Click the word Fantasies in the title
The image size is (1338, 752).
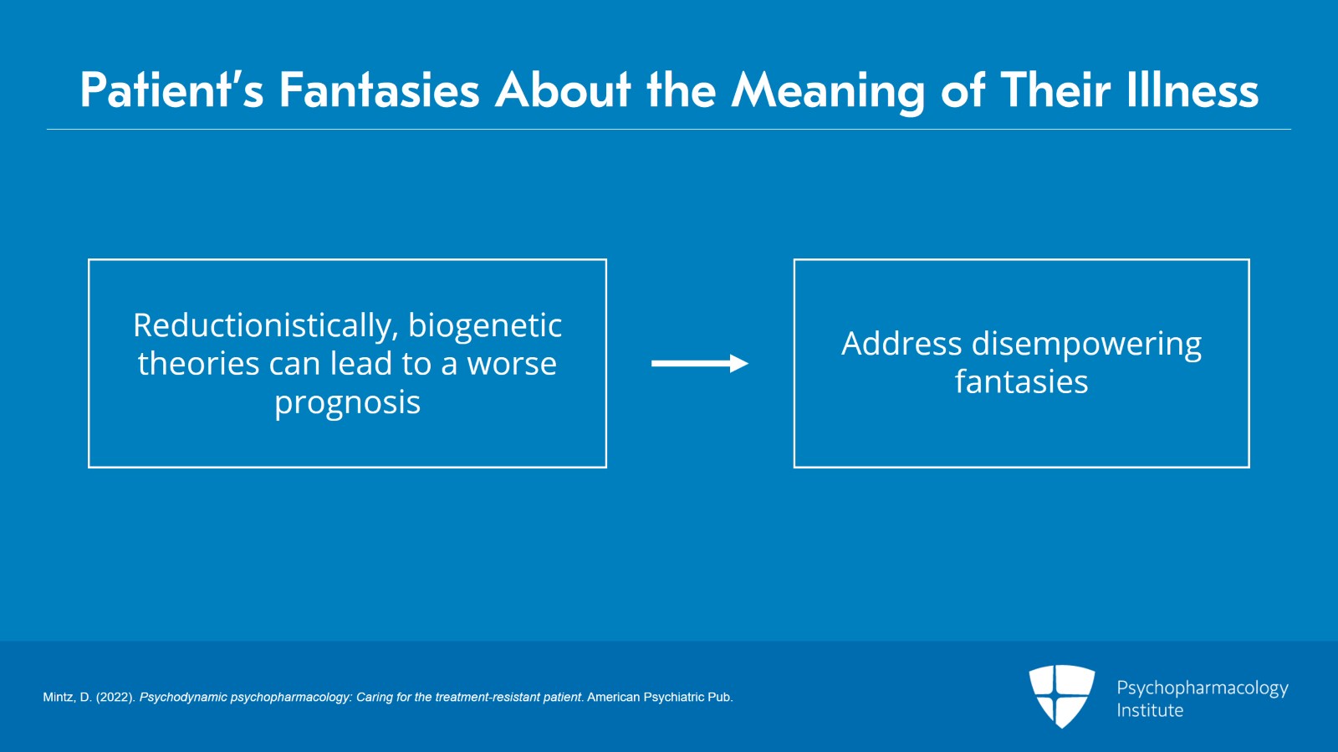pyautogui.click(x=379, y=90)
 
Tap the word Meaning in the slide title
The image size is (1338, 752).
pyautogui.click(x=828, y=90)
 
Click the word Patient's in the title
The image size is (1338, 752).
pyautogui.click(x=171, y=90)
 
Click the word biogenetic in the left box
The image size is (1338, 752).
pyautogui.click(x=485, y=325)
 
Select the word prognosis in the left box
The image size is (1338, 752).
pyautogui.click(x=347, y=402)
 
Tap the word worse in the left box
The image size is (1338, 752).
pyautogui.click(x=512, y=364)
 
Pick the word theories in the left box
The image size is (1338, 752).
pyautogui.click(x=199, y=364)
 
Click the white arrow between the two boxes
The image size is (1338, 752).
pyautogui.click(x=699, y=363)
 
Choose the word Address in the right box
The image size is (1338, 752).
pyautogui.click(x=901, y=344)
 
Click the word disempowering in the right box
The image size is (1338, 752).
pyautogui.click(x=1086, y=344)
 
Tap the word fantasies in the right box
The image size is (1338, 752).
pyautogui.click(x=1021, y=382)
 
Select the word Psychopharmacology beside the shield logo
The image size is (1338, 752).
pyautogui.click(x=1202, y=688)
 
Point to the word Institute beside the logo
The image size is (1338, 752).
pyautogui.click(x=1150, y=710)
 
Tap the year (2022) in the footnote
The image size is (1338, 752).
pyautogui.click(x=115, y=697)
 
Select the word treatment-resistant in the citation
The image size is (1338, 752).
pyautogui.click(x=487, y=697)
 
